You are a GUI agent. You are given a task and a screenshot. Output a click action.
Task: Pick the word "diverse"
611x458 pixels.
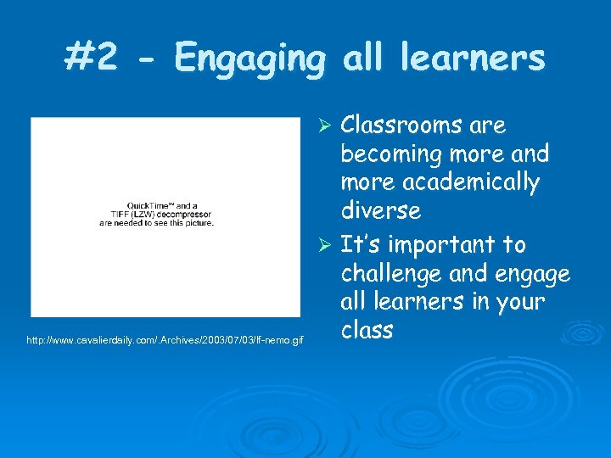(381, 210)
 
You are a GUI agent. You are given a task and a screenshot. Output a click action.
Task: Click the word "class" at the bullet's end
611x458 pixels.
(367, 329)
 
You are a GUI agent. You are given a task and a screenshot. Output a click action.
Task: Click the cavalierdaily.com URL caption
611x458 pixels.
(165, 340)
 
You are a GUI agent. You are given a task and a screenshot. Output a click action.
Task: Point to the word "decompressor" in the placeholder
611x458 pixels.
(185, 215)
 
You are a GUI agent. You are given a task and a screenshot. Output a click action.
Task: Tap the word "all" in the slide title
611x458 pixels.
(362, 58)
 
